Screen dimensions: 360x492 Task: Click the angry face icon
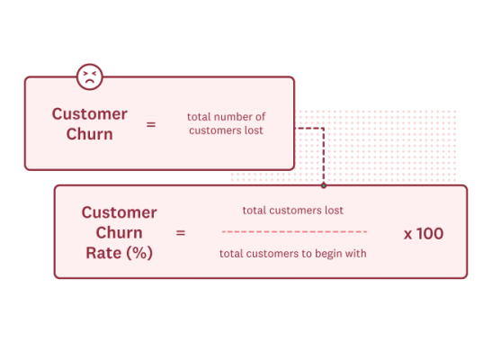[88, 77]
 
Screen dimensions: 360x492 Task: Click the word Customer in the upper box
[89, 114]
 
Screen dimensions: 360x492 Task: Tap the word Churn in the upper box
[89, 134]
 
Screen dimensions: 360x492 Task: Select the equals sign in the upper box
[150, 124]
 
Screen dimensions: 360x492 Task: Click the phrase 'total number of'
[226, 117]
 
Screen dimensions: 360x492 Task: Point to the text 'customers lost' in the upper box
[226, 130]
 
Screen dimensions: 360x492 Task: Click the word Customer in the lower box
[119, 212]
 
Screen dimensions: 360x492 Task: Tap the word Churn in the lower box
[119, 232]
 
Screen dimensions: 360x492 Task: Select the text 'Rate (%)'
[119, 252]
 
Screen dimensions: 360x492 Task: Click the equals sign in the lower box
[180, 232]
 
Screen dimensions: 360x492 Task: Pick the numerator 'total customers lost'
[292, 211]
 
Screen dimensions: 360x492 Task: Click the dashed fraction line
[293, 232]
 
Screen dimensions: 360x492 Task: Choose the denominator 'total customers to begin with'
[293, 253]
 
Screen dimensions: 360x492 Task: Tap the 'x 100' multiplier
[423, 233]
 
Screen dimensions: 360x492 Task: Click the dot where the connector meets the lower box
[323, 185]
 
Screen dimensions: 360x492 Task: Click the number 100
[430, 233]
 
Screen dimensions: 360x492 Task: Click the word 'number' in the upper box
[233, 117]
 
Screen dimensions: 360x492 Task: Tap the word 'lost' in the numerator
[334, 211]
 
